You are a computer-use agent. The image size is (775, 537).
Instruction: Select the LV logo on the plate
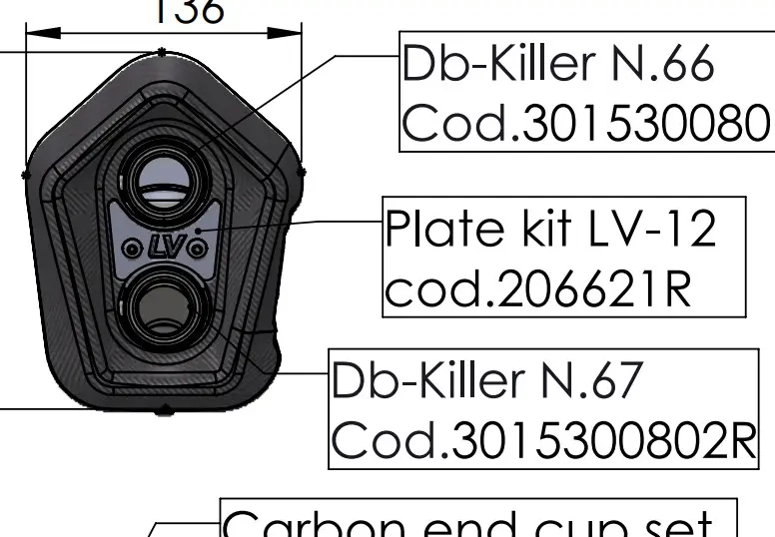point(164,246)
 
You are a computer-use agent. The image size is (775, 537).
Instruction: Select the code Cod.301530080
point(586,124)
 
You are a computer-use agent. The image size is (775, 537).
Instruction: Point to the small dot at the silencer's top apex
point(162,50)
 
